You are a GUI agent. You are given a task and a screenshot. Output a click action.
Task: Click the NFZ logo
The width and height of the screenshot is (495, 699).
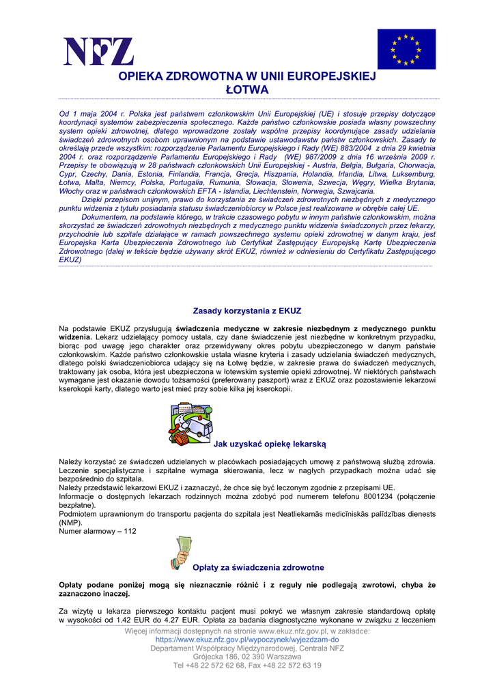coord(98,52)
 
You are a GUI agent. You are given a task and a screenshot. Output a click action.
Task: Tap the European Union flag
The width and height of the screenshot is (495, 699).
coord(406,49)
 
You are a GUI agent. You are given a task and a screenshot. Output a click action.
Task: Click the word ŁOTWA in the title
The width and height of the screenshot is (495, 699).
coord(247,90)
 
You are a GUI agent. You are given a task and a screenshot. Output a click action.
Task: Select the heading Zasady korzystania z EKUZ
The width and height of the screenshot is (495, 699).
coord(247,311)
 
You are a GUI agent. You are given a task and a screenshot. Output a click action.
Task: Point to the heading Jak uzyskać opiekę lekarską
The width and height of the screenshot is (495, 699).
coord(270,444)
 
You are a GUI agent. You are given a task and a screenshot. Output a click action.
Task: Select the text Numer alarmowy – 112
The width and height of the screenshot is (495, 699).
coord(98,531)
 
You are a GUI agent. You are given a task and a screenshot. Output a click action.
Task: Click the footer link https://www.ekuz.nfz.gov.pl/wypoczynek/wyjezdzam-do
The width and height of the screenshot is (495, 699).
coord(247,640)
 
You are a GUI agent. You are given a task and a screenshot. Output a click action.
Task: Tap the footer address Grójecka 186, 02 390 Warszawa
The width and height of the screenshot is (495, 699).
coord(247,657)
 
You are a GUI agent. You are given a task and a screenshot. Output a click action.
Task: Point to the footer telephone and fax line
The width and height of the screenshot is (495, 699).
coord(247,665)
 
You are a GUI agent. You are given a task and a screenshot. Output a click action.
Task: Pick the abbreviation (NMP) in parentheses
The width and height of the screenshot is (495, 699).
coord(71,523)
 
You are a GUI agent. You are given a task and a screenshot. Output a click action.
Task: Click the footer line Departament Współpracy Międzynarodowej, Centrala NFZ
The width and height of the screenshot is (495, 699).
coord(247,648)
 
